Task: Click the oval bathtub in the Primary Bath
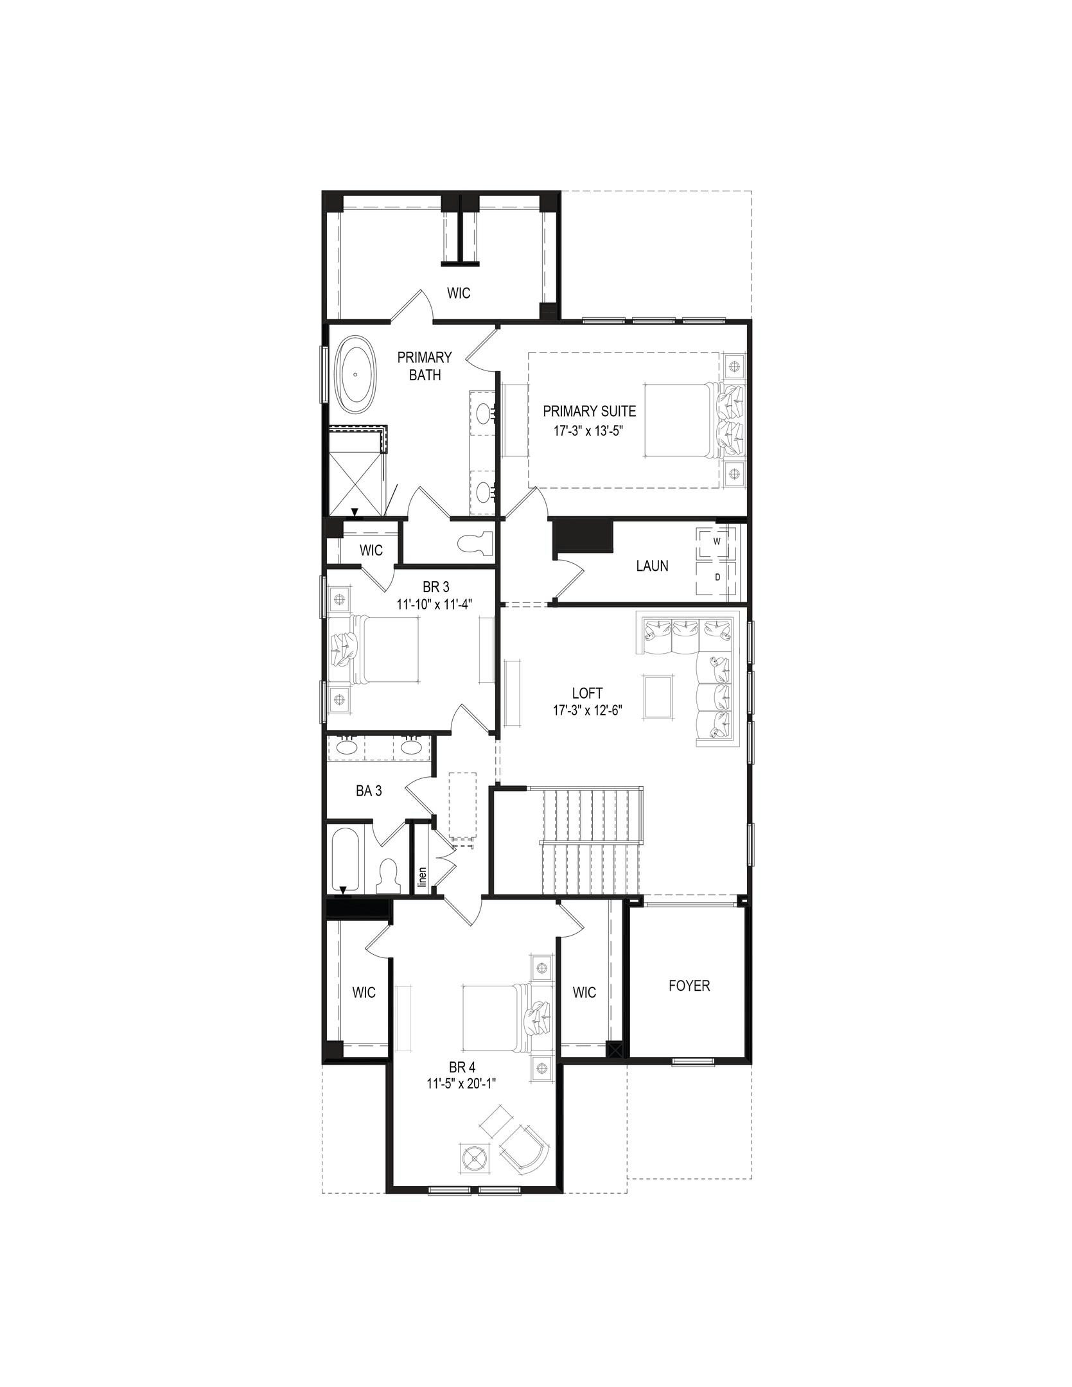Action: click(x=355, y=374)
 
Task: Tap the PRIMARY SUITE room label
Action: click(x=589, y=411)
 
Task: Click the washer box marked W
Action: click(x=717, y=541)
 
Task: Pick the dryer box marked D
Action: click(x=717, y=577)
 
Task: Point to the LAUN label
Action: click(x=652, y=566)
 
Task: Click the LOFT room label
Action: click(x=587, y=693)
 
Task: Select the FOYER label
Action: click(x=689, y=986)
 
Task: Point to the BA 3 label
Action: click(x=369, y=791)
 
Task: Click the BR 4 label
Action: click(x=462, y=1068)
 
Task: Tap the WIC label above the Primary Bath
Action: click(x=459, y=293)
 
